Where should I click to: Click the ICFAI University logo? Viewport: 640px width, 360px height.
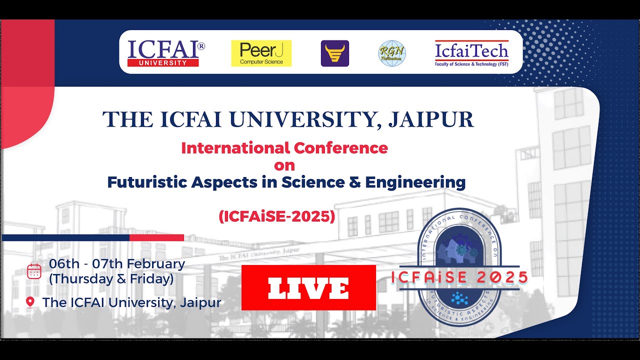coord(165,53)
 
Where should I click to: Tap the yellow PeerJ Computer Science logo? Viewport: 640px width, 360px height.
coord(261,53)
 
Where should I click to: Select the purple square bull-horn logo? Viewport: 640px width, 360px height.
coord(334,53)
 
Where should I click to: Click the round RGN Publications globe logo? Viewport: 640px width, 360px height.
coord(391,53)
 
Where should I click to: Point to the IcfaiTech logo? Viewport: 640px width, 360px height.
coord(471,53)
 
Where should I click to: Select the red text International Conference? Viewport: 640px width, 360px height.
coord(284,148)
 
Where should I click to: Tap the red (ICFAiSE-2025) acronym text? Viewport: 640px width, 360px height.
coord(276,216)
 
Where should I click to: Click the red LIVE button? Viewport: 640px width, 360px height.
coord(308,287)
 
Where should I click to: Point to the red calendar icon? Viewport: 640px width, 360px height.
coord(34,271)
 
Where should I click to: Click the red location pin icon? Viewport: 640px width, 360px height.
coord(30,302)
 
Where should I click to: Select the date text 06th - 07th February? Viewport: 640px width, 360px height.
coord(116,263)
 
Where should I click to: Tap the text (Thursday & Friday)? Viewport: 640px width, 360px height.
coord(111,278)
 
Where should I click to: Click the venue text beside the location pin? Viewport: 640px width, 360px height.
coord(131,302)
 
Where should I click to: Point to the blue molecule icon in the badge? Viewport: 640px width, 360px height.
coord(458,299)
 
